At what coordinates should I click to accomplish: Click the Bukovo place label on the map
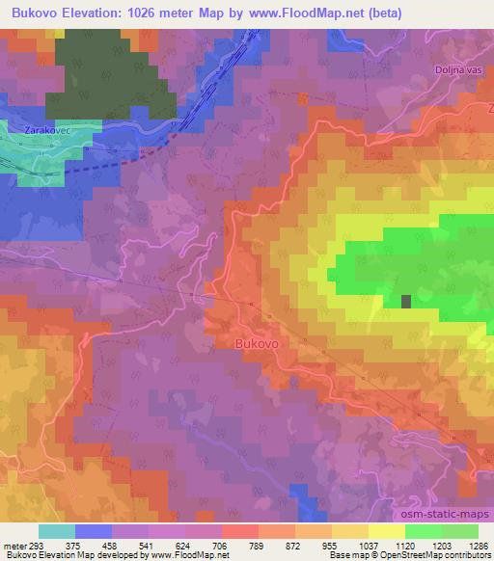click(x=258, y=342)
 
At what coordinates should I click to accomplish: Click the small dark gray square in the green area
click(x=406, y=301)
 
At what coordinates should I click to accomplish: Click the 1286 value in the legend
click(x=477, y=546)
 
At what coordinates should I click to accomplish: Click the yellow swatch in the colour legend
click(x=386, y=531)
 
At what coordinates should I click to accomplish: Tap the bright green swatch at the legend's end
click(x=459, y=531)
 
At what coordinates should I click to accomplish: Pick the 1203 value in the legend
click(x=442, y=546)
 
